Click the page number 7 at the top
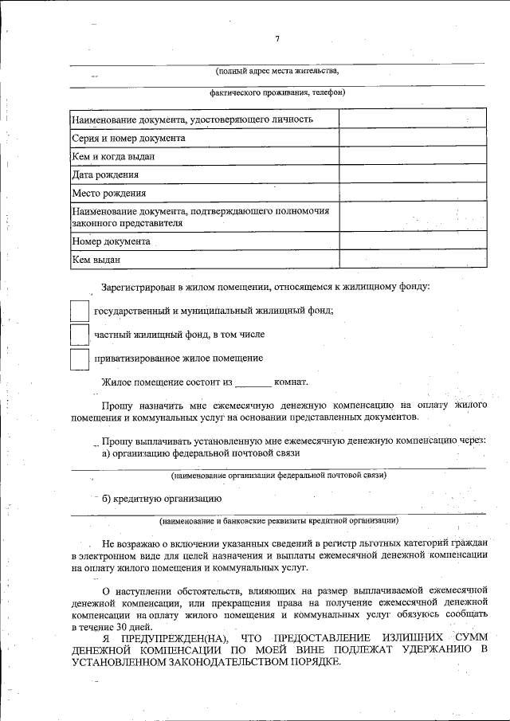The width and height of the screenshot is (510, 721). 277,38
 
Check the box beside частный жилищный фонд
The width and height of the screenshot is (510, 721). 79,334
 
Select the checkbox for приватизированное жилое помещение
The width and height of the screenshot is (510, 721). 79,359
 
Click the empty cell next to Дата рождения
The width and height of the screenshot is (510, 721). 412,174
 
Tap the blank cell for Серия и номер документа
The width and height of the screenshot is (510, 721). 412,138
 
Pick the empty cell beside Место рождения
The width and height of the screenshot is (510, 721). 412,193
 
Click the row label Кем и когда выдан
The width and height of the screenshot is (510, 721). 113,156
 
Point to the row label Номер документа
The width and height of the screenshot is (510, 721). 111,241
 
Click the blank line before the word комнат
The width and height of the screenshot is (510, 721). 253,384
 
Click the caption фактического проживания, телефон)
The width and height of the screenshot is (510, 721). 277,92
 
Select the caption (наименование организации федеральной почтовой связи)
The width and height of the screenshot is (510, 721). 279,476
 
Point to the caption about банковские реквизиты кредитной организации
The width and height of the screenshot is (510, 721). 279,521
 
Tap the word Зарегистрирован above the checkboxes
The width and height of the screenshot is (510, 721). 138,286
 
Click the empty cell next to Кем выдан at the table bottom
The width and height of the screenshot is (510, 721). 412,259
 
